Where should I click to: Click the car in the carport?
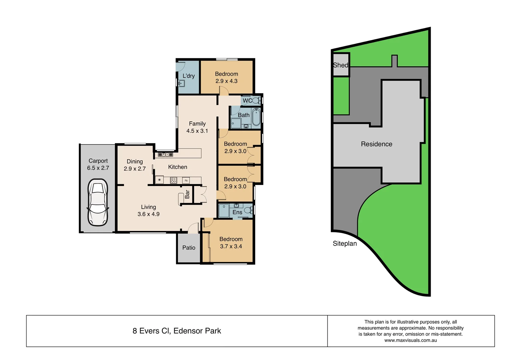98,202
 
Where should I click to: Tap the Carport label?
98,161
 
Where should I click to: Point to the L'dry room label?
189,76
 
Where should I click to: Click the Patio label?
189,248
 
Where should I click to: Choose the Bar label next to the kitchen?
187,194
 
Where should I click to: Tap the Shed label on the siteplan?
340,65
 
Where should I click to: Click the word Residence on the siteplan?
376,144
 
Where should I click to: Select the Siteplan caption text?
344,244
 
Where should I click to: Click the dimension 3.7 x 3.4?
231,246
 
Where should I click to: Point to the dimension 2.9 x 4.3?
226,81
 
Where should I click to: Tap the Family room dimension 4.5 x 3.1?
197,131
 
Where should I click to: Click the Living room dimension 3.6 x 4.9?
148,214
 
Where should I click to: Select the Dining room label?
135,161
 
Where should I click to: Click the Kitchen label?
178,167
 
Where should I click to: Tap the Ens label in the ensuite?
237,212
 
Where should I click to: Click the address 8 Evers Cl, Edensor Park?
177,331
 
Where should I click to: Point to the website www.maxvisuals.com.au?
410,340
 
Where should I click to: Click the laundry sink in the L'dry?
181,83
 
